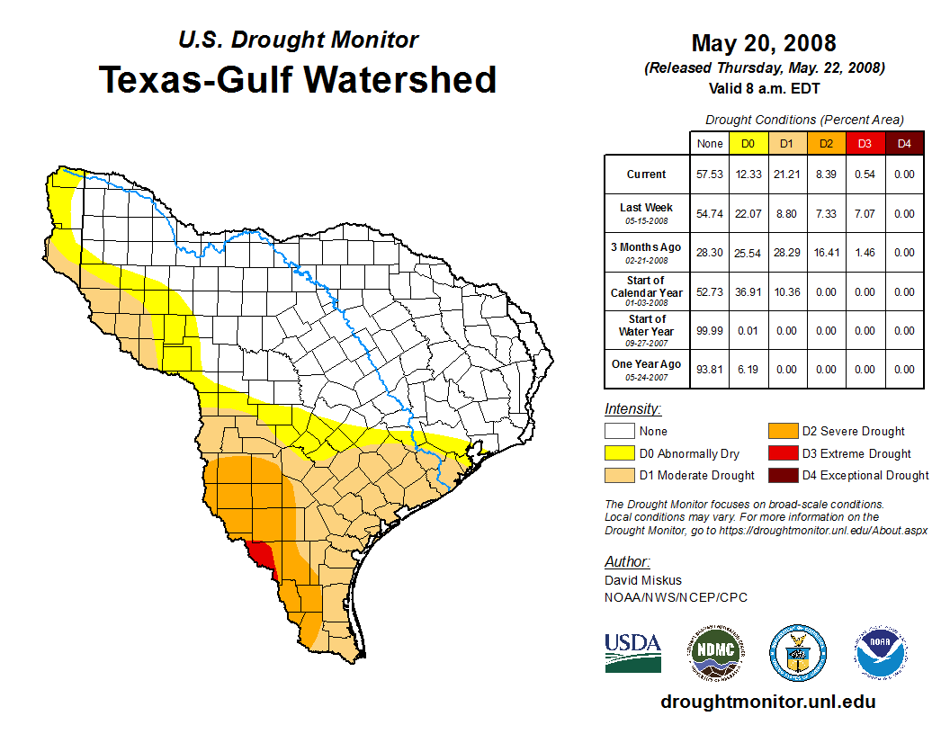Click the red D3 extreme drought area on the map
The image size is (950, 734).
click(x=262, y=553)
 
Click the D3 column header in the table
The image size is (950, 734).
click(x=865, y=143)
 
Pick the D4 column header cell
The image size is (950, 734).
click(x=904, y=143)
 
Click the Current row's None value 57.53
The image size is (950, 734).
click(x=710, y=175)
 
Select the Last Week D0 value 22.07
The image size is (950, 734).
click(x=748, y=214)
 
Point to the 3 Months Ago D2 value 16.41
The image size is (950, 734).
click(x=826, y=253)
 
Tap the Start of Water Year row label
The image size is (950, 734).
click(x=647, y=326)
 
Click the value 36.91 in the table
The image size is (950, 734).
click(x=748, y=292)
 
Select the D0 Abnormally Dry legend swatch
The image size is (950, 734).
click(x=619, y=453)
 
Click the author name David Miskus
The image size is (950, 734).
click(x=643, y=580)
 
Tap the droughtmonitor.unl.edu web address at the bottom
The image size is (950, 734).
click(x=767, y=702)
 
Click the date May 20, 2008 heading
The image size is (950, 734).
click(x=764, y=43)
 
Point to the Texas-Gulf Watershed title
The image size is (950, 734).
click(x=297, y=79)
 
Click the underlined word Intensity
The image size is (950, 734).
click(x=632, y=409)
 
